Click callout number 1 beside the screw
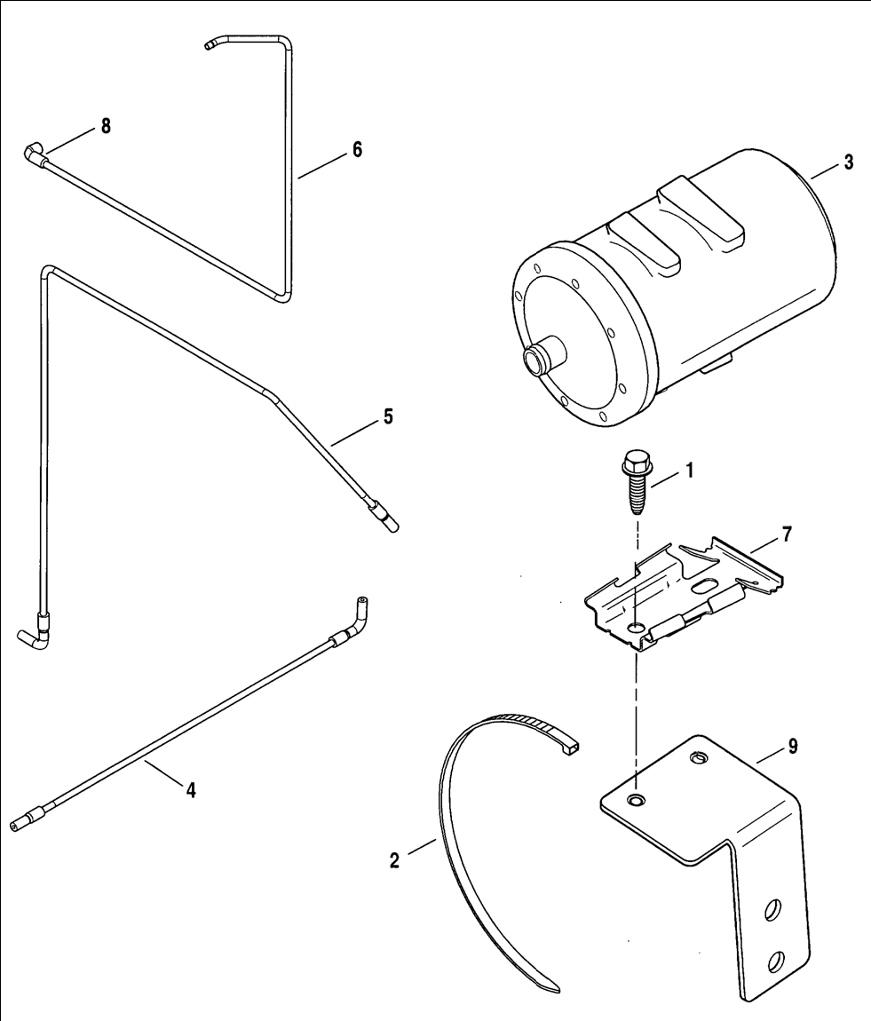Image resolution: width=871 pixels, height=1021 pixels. pos(689,471)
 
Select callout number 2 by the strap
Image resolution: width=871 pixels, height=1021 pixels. pos(394,861)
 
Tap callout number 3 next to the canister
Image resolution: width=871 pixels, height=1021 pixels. pos(849,162)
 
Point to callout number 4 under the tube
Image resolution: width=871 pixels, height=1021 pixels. pos(191,790)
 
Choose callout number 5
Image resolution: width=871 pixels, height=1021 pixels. pos(388,416)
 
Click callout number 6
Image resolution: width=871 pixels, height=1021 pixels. pos(358,150)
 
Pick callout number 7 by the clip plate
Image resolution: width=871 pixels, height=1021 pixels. pos(787,534)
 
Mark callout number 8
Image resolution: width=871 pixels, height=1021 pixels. pos(106,126)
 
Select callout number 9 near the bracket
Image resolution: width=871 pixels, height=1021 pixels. pos(793,747)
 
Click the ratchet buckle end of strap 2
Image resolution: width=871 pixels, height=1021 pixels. pos(569,748)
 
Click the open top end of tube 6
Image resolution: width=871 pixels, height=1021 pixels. pos(209,45)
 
